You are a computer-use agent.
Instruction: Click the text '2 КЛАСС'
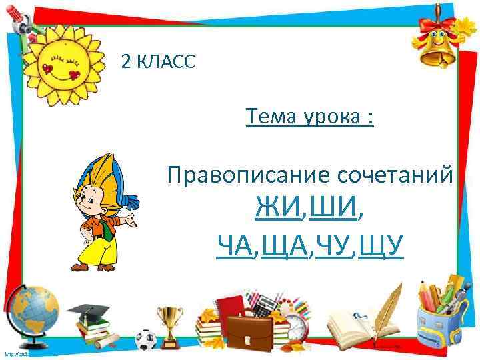158,63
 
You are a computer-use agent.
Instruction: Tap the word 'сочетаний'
396,175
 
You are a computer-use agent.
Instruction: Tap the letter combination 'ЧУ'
333,247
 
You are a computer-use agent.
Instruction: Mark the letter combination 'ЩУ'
382,247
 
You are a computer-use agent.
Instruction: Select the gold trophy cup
170,320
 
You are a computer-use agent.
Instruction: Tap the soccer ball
145,338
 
